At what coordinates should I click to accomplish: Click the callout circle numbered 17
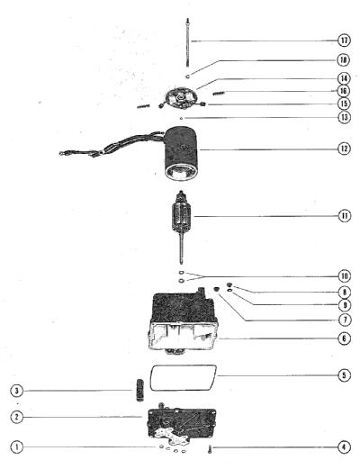[x=344, y=41]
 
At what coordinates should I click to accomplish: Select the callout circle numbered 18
[x=344, y=60]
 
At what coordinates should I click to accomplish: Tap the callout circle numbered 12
[x=344, y=149]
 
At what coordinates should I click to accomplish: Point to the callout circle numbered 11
[x=345, y=216]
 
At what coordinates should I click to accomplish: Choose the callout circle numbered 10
[x=345, y=276]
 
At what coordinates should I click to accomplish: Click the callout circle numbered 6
[x=345, y=338]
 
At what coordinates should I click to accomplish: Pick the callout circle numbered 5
[x=344, y=375]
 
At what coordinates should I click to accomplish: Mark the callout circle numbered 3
[x=16, y=391]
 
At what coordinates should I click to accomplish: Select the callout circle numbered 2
[x=16, y=417]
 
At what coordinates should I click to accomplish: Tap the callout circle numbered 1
[x=16, y=446]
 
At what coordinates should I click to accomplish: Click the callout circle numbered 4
[x=344, y=447]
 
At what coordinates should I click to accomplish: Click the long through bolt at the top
[x=188, y=43]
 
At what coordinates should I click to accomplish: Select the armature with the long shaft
[x=181, y=228]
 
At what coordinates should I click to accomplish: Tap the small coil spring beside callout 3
[x=140, y=390]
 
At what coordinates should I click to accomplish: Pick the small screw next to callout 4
[x=210, y=449]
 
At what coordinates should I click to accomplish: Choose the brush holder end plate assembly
[x=180, y=98]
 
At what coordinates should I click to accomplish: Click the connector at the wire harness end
[x=63, y=153]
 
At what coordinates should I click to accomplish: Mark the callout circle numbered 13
[x=344, y=117]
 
